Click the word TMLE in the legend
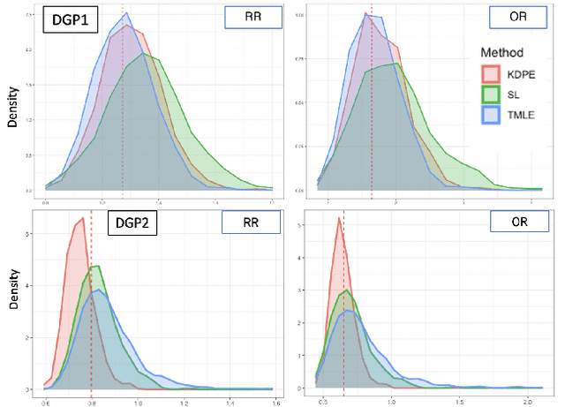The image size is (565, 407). point(524,113)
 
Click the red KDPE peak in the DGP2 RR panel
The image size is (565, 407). point(82,219)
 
